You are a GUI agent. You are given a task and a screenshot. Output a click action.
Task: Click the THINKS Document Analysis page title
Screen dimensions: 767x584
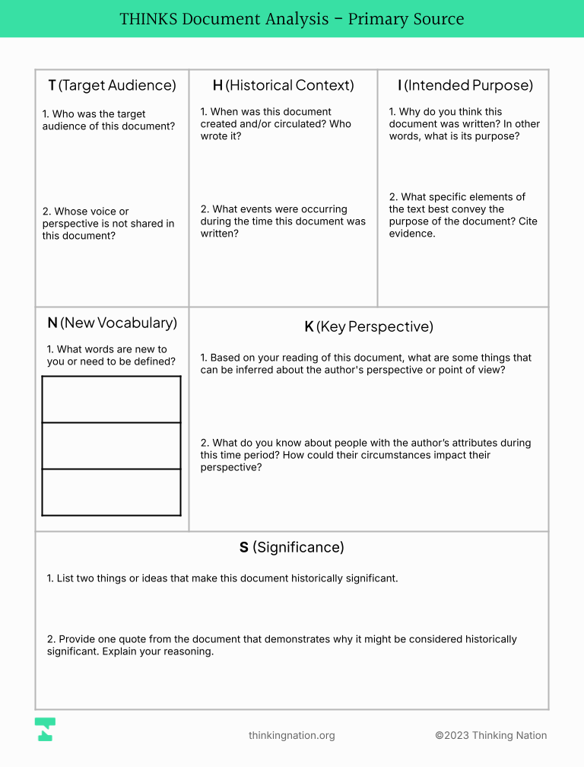[292, 19]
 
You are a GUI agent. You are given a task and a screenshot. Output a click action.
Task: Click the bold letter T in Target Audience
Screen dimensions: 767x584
[52, 85]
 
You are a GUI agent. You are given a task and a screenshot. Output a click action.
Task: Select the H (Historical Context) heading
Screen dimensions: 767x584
[283, 85]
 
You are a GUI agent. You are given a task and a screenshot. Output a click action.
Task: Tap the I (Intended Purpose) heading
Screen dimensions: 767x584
[465, 85]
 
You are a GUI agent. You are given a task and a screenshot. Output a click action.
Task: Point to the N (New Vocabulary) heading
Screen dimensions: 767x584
[112, 323]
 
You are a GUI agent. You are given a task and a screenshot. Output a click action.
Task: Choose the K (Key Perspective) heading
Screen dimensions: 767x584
[369, 326]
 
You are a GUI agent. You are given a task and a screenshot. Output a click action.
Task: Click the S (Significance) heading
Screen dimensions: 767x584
[292, 547]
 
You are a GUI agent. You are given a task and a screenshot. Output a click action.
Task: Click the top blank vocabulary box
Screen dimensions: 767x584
[111, 399]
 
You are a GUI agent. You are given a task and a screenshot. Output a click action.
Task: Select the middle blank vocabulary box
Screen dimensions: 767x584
[111, 446]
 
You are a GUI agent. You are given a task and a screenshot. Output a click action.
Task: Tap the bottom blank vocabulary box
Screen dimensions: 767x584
[111, 492]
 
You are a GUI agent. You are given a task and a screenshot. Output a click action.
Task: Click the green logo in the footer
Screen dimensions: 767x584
[45, 729]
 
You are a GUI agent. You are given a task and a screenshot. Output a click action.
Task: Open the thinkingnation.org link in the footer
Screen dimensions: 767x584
[291, 735]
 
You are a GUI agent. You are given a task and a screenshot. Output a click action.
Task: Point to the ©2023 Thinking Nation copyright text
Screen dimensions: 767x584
[490, 735]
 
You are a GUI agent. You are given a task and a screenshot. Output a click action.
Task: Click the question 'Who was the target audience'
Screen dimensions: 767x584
[104, 120]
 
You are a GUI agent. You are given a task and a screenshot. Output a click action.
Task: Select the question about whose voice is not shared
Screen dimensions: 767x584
[108, 224]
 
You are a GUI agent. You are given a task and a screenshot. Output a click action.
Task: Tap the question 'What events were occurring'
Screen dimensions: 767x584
[283, 221]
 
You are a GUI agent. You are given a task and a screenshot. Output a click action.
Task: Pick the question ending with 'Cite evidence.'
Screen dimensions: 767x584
[457, 215]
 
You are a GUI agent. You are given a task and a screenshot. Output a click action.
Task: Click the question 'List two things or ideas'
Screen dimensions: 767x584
[222, 578]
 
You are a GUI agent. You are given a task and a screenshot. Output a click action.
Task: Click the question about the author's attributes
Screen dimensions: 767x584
[366, 455]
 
